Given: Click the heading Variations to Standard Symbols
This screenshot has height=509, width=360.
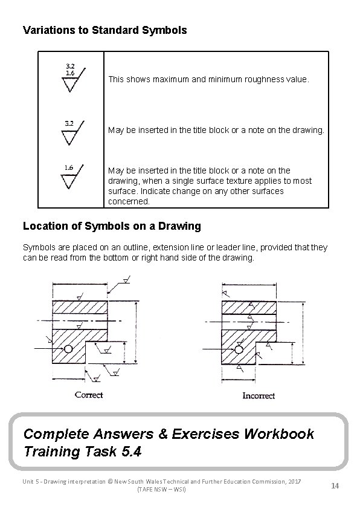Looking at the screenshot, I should pyautogui.click(x=104, y=30).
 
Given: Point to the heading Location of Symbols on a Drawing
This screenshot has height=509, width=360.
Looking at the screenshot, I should pyautogui.click(x=111, y=226).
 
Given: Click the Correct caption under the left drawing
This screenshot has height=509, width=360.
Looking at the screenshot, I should pyautogui.click(x=89, y=395).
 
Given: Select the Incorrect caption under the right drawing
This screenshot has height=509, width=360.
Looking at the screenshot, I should pyautogui.click(x=259, y=395).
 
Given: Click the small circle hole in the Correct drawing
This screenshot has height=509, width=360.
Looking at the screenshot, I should pyautogui.click(x=69, y=349).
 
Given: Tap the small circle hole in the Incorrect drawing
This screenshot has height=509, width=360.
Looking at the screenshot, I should pyautogui.click(x=239, y=349).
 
